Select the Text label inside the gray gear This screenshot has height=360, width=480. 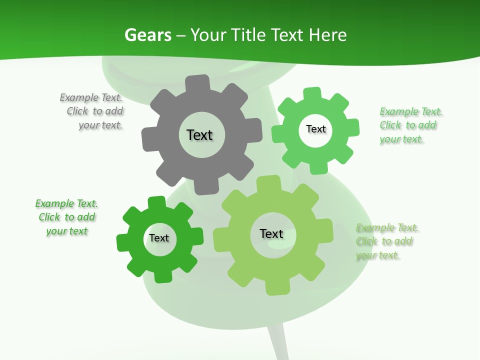pyautogui.click(x=199, y=135)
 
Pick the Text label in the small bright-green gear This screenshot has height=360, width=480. pyautogui.click(x=315, y=129)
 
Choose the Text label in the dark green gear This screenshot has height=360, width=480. pyautogui.click(x=159, y=238)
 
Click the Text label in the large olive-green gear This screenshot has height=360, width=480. pyautogui.click(x=271, y=233)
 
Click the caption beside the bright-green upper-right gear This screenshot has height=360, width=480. pyautogui.click(x=410, y=125)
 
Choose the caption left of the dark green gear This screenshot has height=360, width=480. pyautogui.click(x=66, y=217)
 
